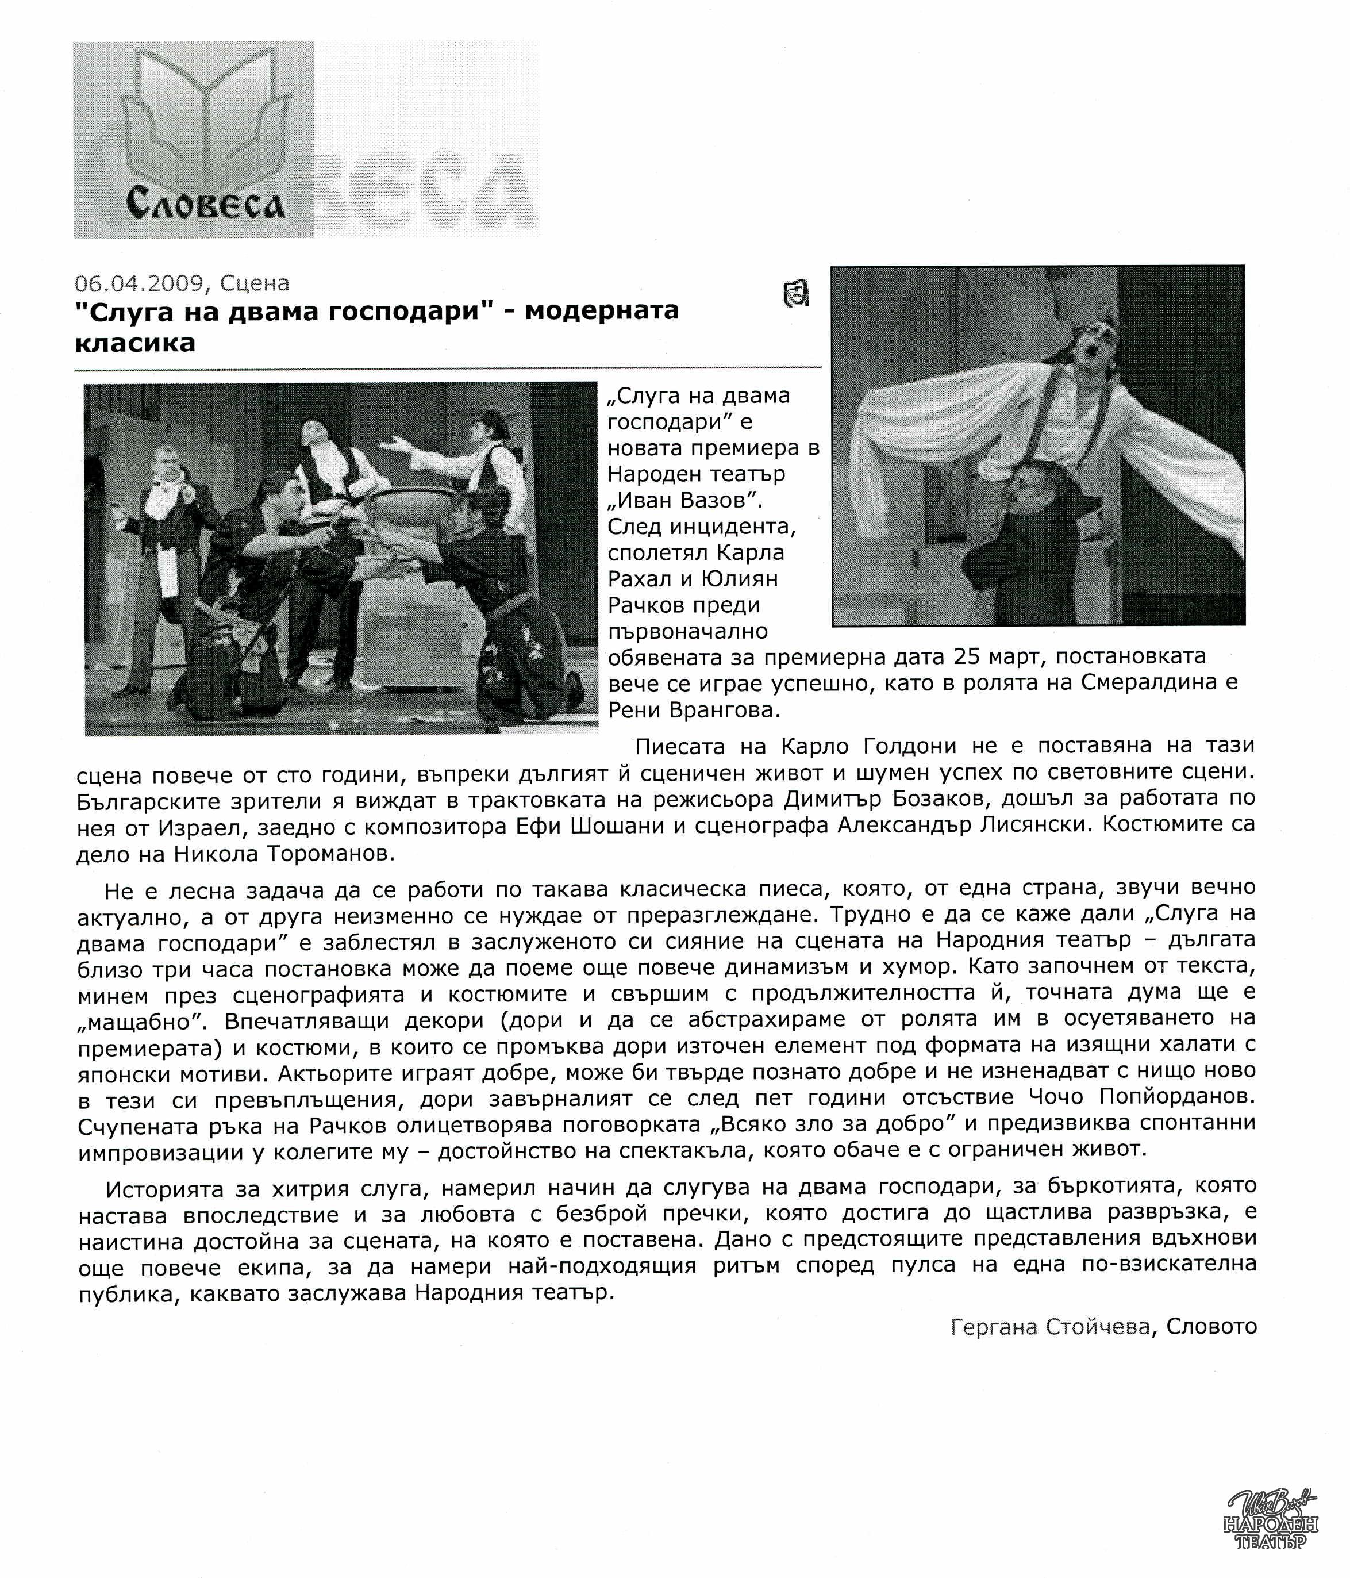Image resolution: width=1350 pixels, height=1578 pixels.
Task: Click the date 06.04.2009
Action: [x=139, y=283]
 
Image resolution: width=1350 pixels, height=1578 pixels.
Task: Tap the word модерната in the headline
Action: [x=602, y=311]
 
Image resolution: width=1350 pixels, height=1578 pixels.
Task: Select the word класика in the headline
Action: [x=135, y=343]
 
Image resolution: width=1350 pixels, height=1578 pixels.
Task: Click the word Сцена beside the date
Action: [x=255, y=283]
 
